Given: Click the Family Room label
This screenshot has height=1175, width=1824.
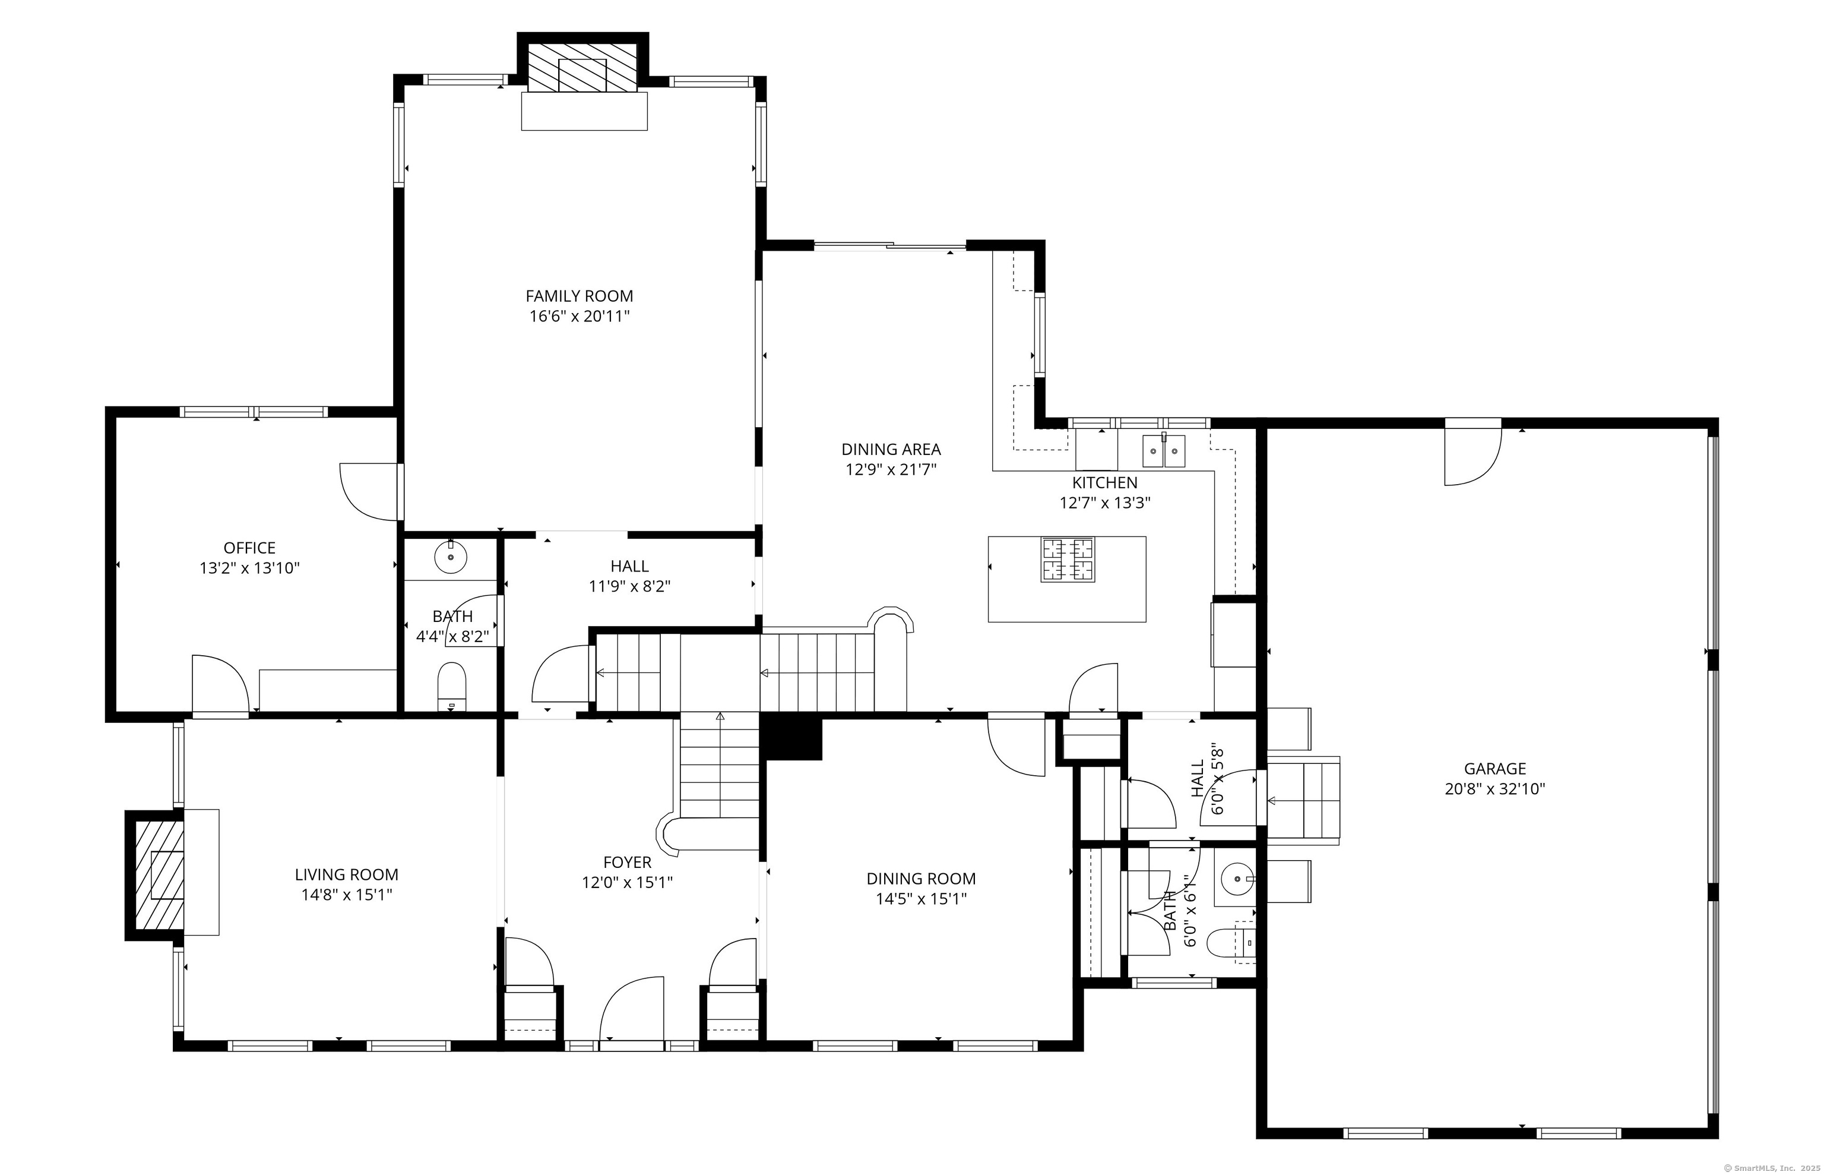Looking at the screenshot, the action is (579, 296).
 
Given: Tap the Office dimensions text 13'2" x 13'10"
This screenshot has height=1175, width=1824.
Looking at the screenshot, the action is (249, 568).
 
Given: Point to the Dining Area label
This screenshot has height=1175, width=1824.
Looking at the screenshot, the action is (891, 450).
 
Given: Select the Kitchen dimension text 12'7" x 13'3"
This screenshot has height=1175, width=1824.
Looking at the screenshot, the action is (1105, 503).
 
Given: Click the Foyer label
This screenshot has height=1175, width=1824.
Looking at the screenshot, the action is (627, 862).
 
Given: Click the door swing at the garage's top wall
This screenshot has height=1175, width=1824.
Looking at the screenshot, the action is (1473, 456).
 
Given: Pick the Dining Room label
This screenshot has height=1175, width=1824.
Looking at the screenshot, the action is (921, 879).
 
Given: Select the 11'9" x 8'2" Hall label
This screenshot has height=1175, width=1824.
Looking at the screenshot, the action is (629, 566).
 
